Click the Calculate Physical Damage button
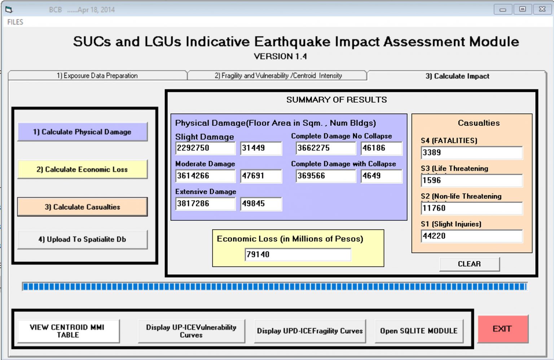click(x=82, y=132)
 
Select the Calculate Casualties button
click(x=82, y=207)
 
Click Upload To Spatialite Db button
click(x=82, y=239)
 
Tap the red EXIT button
click(x=502, y=329)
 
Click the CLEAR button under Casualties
click(x=469, y=264)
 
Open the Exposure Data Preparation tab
click(x=97, y=76)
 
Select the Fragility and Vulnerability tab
click(x=278, y=76)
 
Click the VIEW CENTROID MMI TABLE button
click(x=68, y=331)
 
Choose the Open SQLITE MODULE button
click(x=419, y=331)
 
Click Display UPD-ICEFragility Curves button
click(x=309, y=331)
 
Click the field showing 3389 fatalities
click(x=471, y=152)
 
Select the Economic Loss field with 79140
click(x=297, y=254)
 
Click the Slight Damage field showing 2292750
click(x=205, y=148)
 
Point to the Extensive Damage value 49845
click(x=260, y=204)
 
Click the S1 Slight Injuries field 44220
click(x=471, y=236)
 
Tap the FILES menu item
click(x=15, y=22)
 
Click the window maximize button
click(x=522, y=9)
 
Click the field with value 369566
click(x=325, y=176)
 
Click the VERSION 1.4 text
click(x=280, y=57)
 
